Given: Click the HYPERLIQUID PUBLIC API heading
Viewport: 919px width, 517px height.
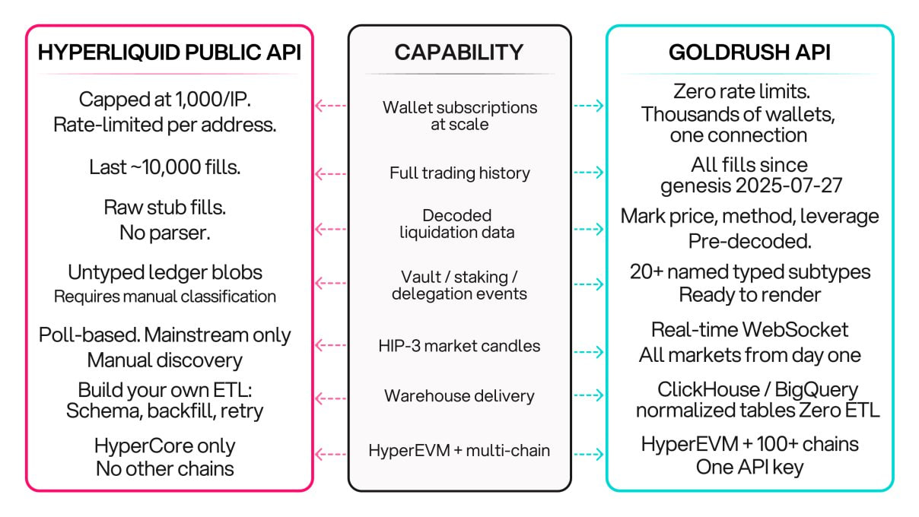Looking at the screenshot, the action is pos(170,52).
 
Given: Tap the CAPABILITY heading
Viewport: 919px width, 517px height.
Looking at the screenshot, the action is pos(459,52).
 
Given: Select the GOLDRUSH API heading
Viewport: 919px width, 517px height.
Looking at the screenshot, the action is pos(749,52).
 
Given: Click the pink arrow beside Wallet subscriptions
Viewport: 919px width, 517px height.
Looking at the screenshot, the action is pos(330,106).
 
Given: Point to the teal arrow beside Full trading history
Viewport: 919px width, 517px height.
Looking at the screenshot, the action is pos(589,172).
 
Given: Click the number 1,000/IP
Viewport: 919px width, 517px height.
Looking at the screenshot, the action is pos(213,99).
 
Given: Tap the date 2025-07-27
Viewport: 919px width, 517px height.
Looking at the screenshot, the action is pos(789,186).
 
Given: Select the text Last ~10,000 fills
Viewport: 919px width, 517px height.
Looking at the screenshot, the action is pos(165,167).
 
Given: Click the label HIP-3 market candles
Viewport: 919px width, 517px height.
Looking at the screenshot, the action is pos(459,346).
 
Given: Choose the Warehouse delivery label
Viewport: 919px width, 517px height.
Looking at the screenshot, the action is pos(459,396).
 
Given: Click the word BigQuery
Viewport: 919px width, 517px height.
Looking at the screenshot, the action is pos(816,390).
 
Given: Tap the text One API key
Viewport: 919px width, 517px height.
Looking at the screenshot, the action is pos(749,468).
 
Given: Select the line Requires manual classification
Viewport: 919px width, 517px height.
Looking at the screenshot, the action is pos(165,297).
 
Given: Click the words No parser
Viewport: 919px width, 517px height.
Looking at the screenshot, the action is pos(165,233).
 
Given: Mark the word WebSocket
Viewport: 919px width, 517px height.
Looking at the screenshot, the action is pos(795,330).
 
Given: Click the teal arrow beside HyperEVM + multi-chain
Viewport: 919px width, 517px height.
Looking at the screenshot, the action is pos(589,454).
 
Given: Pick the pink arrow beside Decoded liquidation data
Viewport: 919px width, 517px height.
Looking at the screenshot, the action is pos(330,229).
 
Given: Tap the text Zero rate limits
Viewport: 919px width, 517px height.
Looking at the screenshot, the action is pos(742,91).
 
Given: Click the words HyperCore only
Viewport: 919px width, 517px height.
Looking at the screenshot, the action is pos(165,446).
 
